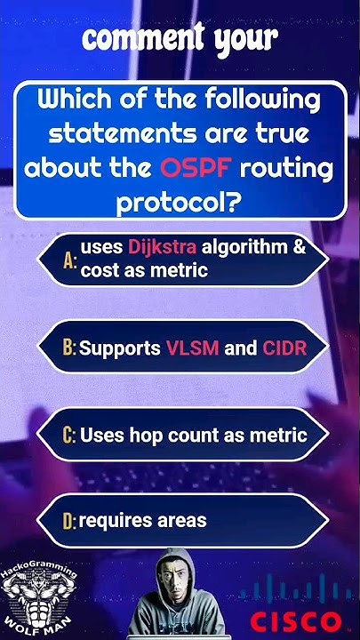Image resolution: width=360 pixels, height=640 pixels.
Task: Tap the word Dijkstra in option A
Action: click(x=162, y=246)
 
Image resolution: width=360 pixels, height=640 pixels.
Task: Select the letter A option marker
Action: click(x=70, y=260)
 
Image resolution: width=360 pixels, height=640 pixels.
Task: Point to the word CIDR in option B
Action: click(x=284, y=348)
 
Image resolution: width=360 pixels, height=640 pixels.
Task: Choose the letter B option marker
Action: click(x=69, y=348)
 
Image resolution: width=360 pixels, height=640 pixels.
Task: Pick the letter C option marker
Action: click(x=69, y=436)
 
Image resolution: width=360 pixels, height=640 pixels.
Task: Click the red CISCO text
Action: click(x=294, y=620)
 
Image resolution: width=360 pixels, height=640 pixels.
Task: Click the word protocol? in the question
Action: click(x=180, y=203)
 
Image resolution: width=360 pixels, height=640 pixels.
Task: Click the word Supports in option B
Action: click(x=120, y=348)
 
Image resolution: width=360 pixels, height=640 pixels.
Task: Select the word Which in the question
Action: click(x=75, y=100)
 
